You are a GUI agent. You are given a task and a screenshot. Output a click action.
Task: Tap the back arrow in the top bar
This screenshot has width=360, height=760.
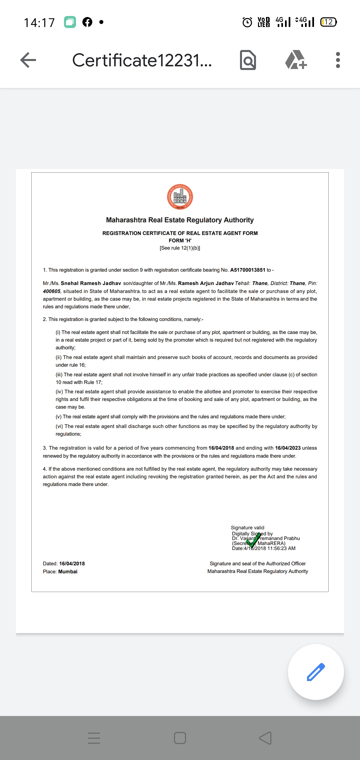pyautogui.click(x=28, y=60)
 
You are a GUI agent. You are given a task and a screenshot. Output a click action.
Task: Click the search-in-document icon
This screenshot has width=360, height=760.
pyautogui.click(x=248, y=60)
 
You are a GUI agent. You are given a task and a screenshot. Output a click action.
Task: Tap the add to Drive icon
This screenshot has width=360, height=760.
pyautogui.click(x=296, y=60)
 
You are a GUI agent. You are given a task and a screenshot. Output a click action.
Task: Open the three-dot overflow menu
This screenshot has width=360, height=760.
pyautogui.click(x=338, y=60)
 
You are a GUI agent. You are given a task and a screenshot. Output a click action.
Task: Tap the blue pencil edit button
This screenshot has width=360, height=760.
pyautogui.click(x=316, y=672)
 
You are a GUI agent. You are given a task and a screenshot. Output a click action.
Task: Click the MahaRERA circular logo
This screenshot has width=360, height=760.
pyautogui.click(x=180, y=197)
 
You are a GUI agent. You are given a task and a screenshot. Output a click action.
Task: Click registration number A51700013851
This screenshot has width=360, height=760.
pyautogui.click(x=248, y=270)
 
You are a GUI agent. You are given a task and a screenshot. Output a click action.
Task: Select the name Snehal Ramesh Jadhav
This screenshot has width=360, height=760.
pyautogui.click(x=91, y=283)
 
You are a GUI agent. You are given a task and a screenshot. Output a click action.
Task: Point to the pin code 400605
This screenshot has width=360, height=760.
pyautogui.click(x=52, y=291)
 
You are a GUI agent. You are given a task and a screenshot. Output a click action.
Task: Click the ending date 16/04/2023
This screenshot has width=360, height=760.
pyautogui.click(x=288, y=448)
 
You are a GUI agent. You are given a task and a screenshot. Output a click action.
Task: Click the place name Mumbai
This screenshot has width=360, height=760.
pyautogui.click(x=68, y=572)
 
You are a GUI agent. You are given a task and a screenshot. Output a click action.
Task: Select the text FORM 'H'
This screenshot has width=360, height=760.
pyautogui.click(x=180, y=241)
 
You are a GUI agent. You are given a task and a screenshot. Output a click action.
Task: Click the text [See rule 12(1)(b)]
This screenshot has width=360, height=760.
pyautogui.click(x=180, y=248)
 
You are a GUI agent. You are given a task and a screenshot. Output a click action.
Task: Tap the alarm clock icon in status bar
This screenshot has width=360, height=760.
pyautogui.click(x=247, y=22)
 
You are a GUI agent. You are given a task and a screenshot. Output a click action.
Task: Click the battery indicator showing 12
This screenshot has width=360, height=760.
pyautogui.click(x=328, y=22)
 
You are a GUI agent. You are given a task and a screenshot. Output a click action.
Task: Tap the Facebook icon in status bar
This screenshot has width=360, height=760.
pyautogui.click(x=87, y=22)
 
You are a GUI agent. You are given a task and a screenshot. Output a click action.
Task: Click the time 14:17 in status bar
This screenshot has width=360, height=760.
pyautogui.click(x=39, y=23)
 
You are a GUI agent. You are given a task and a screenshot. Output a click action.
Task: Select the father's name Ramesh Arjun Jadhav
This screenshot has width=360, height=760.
pyautogui.click(x=206, y=283)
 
